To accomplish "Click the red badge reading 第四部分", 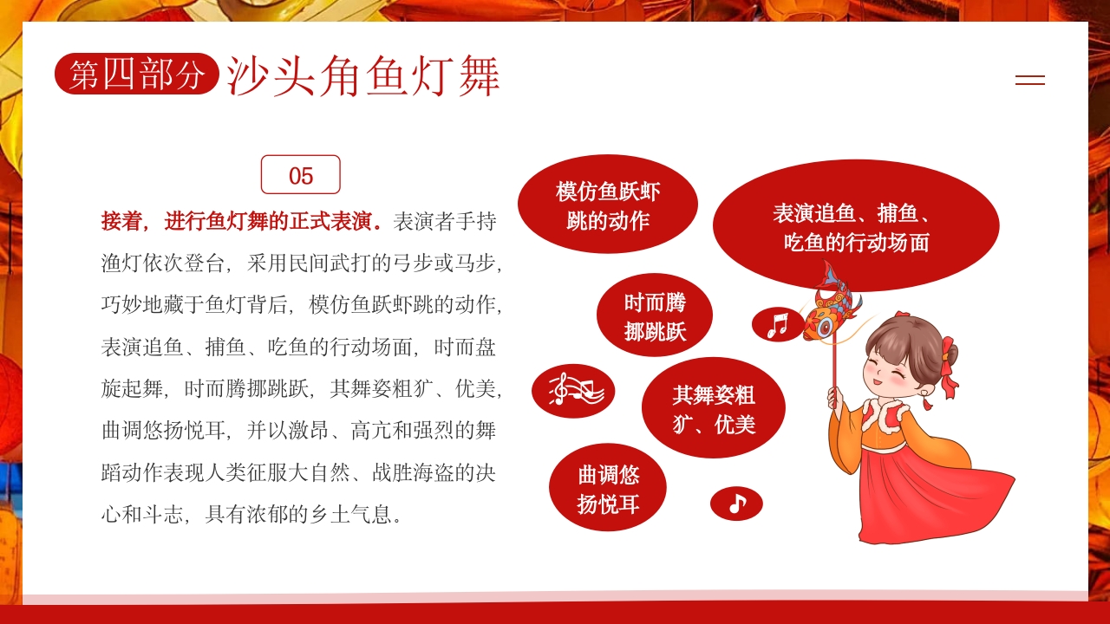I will tap(136, 75).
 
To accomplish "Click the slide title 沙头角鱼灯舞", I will tap(363, 76).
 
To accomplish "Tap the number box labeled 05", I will tap(300, 175).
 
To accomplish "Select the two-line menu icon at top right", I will tap(1029, 80).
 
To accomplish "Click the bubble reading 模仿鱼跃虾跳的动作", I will tap(607, 205).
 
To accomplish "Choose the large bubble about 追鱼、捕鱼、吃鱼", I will tap(855, 227).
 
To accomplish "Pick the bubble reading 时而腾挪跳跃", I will tap(655, 316).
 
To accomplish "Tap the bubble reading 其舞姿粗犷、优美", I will tap(713, 409).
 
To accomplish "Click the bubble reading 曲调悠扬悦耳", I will tap(608, 488).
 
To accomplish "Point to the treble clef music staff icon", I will tap(573, 391).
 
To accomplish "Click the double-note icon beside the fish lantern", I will tap(777, 325).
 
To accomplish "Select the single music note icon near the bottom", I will tap(736, 504).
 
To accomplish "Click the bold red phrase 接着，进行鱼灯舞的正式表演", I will tap(242, 221).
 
